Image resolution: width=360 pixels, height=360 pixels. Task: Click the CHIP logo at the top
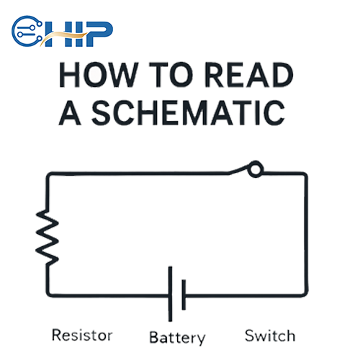pos(62,31)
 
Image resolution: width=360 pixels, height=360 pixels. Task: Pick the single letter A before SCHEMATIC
pos(71,113)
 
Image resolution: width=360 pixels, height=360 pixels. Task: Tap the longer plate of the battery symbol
pos(171,293)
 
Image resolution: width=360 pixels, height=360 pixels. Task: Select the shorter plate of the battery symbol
pos(185,293)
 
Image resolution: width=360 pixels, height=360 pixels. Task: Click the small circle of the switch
pos(256,170)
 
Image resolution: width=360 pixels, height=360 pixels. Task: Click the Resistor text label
pos(83,336)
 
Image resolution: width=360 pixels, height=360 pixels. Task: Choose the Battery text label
pos(177,337)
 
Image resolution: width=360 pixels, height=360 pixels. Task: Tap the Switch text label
pos(269,336)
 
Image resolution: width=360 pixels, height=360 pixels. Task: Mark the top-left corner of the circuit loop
pos(48,174)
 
